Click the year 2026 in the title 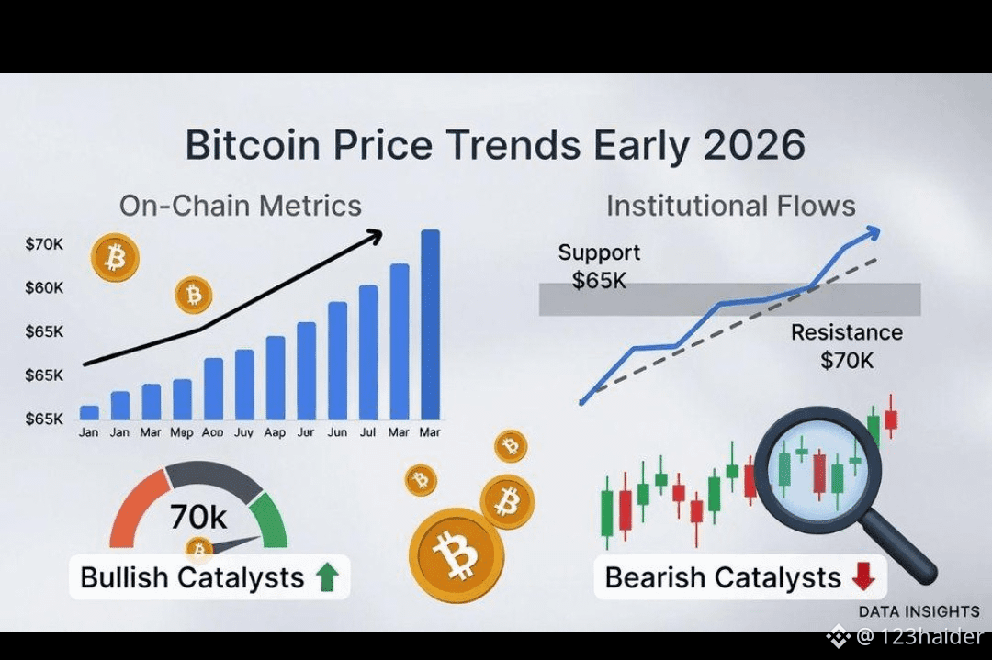click(754, 144)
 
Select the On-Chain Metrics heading click(241, 206)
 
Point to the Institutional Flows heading click(731, 206)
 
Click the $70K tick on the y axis click(44, 244)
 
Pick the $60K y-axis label click(44, 288)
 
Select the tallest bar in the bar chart click(430, 324)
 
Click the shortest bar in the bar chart click(89, 413)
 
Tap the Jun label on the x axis click(337, 432)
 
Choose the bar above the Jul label click(368, 352)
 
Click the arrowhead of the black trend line click(375, 237)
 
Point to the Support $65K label click(599, 266)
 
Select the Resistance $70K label click(847, 346)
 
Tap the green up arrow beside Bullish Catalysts click(327, 577)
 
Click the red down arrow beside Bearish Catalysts click(863, 576)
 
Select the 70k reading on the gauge click(198, 517)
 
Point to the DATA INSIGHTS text click(919, 612)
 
